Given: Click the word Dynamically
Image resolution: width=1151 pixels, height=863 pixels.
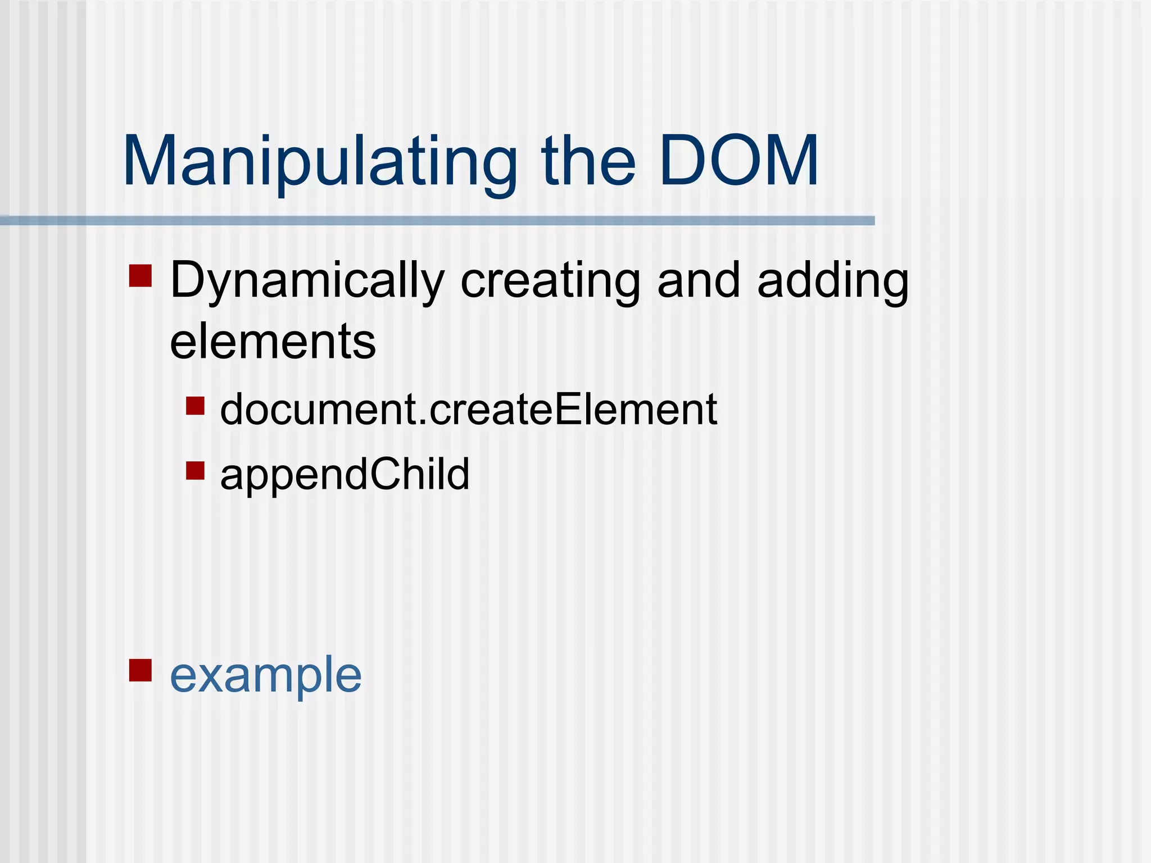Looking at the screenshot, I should tap(307, 281).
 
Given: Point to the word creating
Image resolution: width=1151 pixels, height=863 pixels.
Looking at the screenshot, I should tap(550, 281).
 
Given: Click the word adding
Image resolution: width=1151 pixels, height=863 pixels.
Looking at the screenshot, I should tap(833, 281).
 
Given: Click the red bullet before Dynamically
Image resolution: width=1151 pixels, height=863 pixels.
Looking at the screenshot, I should tap(141, 276).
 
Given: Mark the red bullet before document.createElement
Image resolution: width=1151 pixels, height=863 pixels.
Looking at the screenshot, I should tap(195, 406).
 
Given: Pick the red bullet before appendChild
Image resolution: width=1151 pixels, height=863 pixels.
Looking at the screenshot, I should tap(195, 470).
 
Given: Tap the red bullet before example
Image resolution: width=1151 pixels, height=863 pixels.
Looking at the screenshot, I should tap(141, 670).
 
